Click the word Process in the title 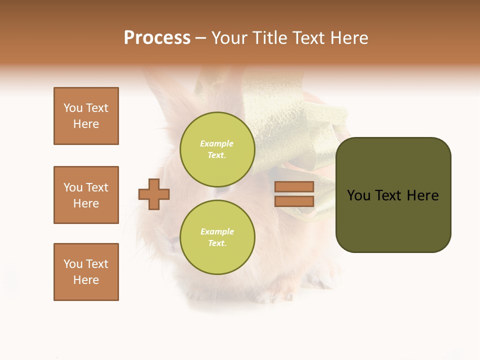pyautogui.click(x=157, y=38)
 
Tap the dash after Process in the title pyautogui.click(x=201, y=38)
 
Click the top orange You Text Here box pyautogui.click(x=86, y=116)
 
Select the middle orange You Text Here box pyautogui.click(x=86, y=195)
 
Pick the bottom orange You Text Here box pyautogui.click(x=86, y=272)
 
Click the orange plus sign pyautogui.click(x=154, y=194)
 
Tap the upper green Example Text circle pyautogui.click(x=217, y=149)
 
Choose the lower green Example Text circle pyautogui.click(x=217, y=237)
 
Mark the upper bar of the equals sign pyautogui.click(x=294, y=186)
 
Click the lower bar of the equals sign pyautogui.click(x=294, y=201)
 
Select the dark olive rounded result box pyautogui.click(x=393, y=195)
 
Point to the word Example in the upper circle pyautogui.click(x=217, y=143)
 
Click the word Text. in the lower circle pyautogui.click(x=217, y=243)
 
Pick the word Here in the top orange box pyautogui.click(x=86, y=124)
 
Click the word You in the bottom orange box pyautogui.click(x=73, y=264)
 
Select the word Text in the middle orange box pyautogui.click(x=96, y=187)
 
